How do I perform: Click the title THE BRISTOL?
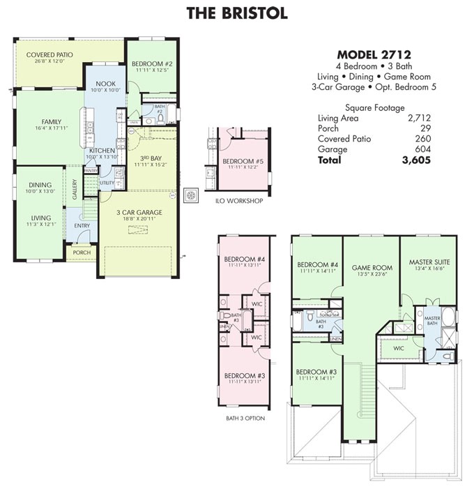[x=236, y=13]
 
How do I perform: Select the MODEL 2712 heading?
[x=373, y=54]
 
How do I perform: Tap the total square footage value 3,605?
[x=416, y=160]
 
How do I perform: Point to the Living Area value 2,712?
[x=419, y=118]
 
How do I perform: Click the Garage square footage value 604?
[x=423, y=149]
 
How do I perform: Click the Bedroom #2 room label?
[x=151, y=64]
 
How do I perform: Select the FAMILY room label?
[x=51, y=121]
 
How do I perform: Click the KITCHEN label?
[x=102, y=151]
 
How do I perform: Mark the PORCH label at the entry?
[x=82, y=252]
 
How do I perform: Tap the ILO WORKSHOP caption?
[x=238, y=201]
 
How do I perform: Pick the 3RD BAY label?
[x=147, y=158]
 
